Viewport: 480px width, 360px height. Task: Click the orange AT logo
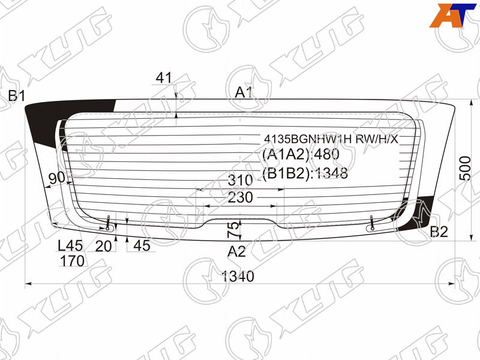[x=452, y=16]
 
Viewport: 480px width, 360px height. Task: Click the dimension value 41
[x=164, y=78]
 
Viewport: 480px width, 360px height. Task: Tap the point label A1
[x=244, y=92]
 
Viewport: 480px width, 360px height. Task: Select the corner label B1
[x=17, y=96]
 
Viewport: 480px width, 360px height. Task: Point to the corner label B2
[x=439, y=232]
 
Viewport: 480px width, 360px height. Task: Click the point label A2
[x=236, y=251]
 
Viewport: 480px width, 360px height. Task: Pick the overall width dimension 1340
[x=238, y=277]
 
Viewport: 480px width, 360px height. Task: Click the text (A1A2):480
[x=301, y=154]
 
